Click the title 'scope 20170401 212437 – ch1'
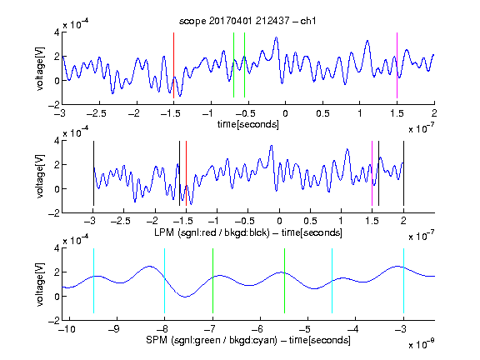pos(247,21)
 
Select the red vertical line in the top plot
pos(173,65)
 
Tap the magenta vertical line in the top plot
pos(397,65)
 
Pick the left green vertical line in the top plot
pos(233,65)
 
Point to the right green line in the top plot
pos(245,65)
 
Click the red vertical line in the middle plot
pos(186,173)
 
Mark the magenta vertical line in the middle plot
pos(372,173)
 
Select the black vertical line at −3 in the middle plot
pos(93,173)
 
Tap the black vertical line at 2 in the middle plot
pos(403,173)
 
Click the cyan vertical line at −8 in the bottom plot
pos(165,281)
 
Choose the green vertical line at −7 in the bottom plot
pos(212,281)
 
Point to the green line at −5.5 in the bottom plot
pos(284,281)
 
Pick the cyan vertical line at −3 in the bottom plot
pos(403,281)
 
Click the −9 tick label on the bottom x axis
pos(114,329)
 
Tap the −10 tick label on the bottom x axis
pos(67,329)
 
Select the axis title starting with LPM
pos(248,232)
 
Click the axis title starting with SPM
pos(248,340)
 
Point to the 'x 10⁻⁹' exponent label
pos(421,344)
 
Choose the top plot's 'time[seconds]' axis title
pos(248,124)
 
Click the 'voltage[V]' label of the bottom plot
pos(40,284)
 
